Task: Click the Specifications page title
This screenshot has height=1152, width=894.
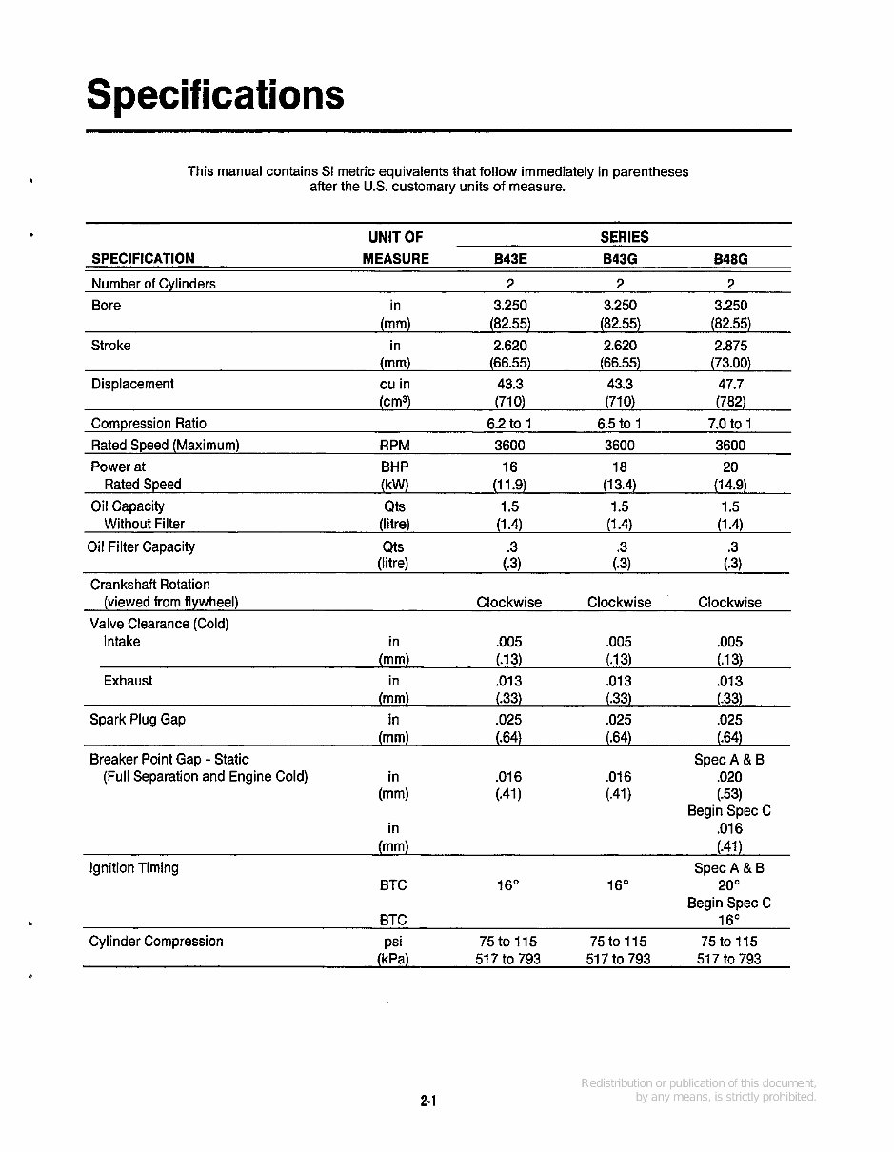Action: click(x=215, y=95)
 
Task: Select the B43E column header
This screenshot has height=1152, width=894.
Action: click(x=510, y=259)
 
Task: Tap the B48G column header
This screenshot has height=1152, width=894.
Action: click(x=730, y=259)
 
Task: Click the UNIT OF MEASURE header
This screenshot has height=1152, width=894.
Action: click(x=395, y=248)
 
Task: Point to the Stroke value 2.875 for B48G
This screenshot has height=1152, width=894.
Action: click(x=730, y=346)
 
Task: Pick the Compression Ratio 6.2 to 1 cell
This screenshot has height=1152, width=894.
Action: click(x=510, y=424)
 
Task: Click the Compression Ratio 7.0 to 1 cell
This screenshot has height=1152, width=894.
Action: click(x=730, y=424)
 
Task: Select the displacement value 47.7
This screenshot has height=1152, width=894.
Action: click(x=730, y=385)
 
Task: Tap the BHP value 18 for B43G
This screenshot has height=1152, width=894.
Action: click(x=620, y=467)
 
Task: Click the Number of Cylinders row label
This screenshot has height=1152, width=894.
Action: click(x=153, y=284)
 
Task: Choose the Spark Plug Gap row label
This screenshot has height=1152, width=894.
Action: click(x=137, y=720)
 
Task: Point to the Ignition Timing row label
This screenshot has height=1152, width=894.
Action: click(x=133, y=868)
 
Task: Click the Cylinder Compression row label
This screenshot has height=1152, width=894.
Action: click(x=156, y=942)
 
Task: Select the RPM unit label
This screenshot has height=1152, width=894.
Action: click(x=394, y=446)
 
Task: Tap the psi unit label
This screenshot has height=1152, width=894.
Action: click(x=394, y=942)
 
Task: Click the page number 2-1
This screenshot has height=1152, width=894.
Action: click(x=427, y=1102)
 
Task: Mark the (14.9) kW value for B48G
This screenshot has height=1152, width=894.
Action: click(x=730, y=485)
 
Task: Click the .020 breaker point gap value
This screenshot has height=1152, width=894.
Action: click(x=729, y=777)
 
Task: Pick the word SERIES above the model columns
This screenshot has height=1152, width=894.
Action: click(x=624, y=237)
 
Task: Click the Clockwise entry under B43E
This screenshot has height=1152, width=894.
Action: click(x=508, y=603)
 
